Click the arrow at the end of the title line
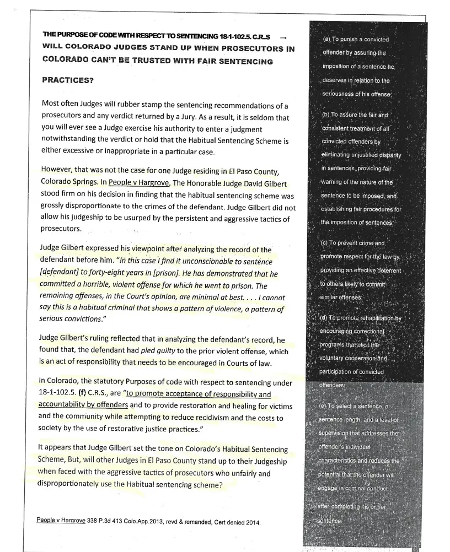tap(283, 37)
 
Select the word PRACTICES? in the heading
tap(68, 80)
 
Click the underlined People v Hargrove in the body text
tap(138, 183)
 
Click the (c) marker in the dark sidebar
tap(325, 243)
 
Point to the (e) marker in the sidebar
tap(324, 406)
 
